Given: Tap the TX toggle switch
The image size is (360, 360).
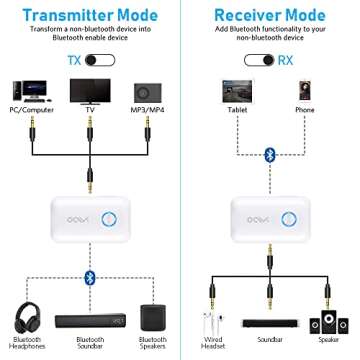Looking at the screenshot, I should (x=97, y=61).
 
